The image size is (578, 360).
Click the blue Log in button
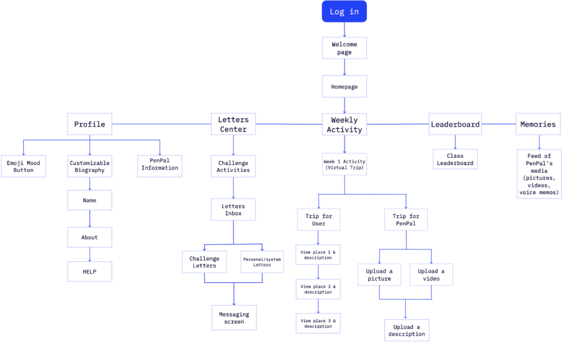(344, 11)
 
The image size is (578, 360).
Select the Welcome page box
(344, 48)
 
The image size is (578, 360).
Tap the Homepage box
(344, 86)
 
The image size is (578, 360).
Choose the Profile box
(90, 124)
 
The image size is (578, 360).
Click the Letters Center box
(233, 124)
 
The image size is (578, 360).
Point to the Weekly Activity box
(344, 124)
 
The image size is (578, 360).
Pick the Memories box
(538, 124)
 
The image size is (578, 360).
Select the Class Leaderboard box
(455, 159)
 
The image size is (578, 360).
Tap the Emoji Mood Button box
(23, 166)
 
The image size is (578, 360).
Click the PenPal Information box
(160, 166)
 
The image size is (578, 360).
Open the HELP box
(90, 272)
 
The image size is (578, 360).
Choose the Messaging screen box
(234, 318)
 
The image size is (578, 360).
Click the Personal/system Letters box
(262, 262)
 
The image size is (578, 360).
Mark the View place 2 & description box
(318, 289)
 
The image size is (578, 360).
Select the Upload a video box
(431, 275)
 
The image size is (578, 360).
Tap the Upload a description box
(407, 330)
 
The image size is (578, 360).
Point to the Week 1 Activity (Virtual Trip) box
(344, 164)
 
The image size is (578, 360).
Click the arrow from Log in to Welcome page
(344, 30)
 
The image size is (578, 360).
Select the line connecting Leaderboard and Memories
(499, 124)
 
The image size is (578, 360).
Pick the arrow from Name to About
(90, 219)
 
